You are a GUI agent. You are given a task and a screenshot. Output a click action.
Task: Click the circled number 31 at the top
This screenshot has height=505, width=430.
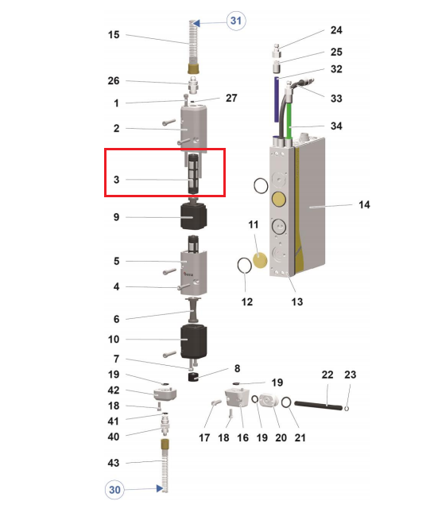click(x=235, y=21)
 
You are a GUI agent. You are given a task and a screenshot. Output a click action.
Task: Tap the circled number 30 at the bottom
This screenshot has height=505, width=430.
click(x=114, y=490)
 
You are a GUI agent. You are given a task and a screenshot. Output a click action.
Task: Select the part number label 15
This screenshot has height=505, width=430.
click(x=114, y=35)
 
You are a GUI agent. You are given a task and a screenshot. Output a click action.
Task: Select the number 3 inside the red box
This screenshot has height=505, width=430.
click(x=116, y=180)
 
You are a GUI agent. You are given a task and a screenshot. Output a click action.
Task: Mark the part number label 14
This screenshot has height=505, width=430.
click(x=364, y=204)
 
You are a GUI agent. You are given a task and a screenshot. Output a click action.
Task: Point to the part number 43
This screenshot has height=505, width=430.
click(x=114, y=462)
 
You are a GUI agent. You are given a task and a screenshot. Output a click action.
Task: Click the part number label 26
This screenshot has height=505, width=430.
click(x=114, y=81)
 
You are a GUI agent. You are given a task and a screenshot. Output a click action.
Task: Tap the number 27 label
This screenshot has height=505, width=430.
click(x=231, y=98)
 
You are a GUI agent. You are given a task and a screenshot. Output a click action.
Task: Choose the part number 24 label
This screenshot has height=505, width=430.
click(x=336, y=31)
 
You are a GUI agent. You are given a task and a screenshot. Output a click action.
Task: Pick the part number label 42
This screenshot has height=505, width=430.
click(x=114, y=390)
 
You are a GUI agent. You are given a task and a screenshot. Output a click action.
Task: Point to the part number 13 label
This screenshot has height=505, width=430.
click(x=297, y=302)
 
